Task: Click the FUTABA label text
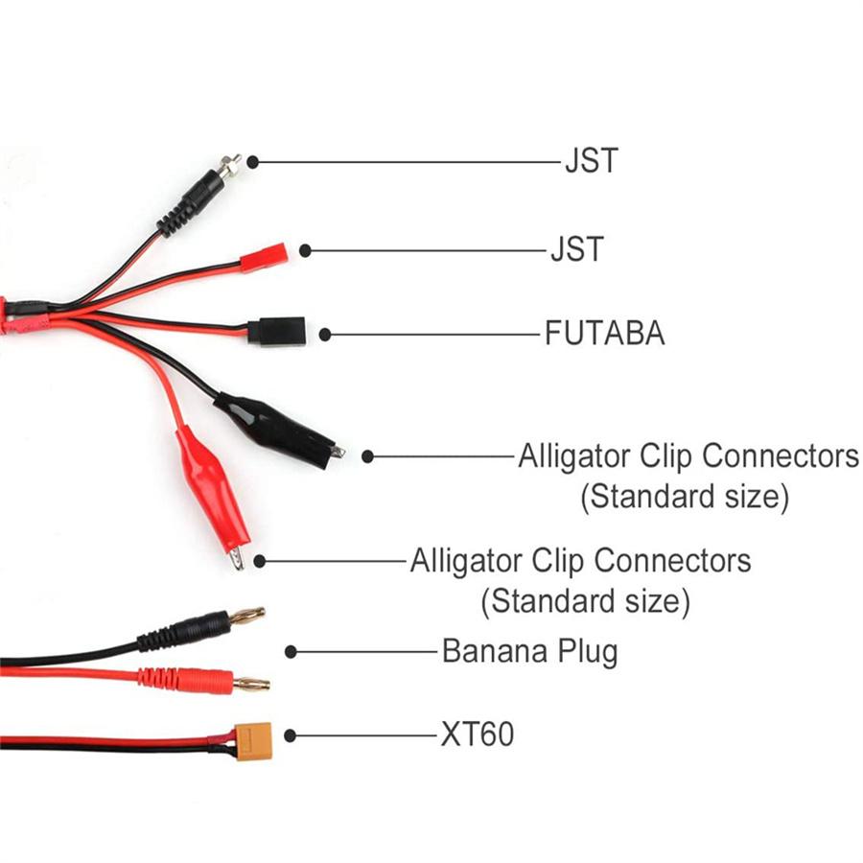[604, 334]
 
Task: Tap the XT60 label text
[477, 735]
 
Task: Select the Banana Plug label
[529, 651]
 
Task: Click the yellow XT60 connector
[255, 739]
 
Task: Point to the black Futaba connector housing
[276, 330]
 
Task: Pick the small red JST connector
[264, 259]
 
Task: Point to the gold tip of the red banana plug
[251, 684]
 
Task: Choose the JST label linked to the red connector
[576, 250]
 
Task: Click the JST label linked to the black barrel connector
[591, 160]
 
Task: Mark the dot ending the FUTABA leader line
[325, 335]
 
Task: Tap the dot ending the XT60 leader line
[290, 735]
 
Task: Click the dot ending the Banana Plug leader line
[291, 652]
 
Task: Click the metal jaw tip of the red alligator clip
[237, 559]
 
